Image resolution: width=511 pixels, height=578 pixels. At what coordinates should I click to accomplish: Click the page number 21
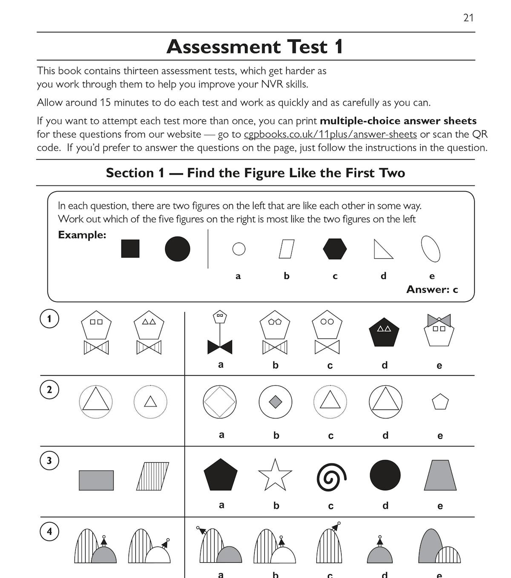click(468, 18)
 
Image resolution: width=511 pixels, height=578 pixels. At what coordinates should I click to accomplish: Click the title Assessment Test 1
click(255, 47)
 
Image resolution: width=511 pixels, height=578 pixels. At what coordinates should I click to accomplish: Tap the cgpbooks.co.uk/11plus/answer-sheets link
click(330, 134)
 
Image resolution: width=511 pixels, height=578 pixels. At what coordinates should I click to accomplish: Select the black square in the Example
click(130, 249)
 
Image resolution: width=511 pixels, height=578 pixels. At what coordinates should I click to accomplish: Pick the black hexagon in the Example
click(335, 249)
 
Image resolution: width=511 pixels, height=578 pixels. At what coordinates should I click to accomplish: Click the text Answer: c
click(432, 290)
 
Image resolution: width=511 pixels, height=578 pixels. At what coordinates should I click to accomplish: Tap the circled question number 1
click(49, 319)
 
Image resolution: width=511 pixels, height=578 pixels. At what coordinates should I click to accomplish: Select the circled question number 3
click(49, 461)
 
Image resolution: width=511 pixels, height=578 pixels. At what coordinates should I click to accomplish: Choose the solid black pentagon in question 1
click(384, 331)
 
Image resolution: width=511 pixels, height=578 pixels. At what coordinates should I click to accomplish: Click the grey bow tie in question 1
click(439, 320)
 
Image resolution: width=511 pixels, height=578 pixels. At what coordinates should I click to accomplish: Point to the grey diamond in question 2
click(276, 402)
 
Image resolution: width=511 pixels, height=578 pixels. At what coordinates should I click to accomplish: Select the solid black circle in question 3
click(385, 475)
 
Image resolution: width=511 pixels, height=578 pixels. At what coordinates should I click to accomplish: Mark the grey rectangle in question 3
click(96, 480)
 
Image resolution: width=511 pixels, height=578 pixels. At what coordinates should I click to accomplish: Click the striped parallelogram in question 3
click(152, 476)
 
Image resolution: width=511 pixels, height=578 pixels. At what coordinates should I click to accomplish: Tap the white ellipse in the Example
click(431, 249)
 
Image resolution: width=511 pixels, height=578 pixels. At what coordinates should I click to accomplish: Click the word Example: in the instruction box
click(82, 235)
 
